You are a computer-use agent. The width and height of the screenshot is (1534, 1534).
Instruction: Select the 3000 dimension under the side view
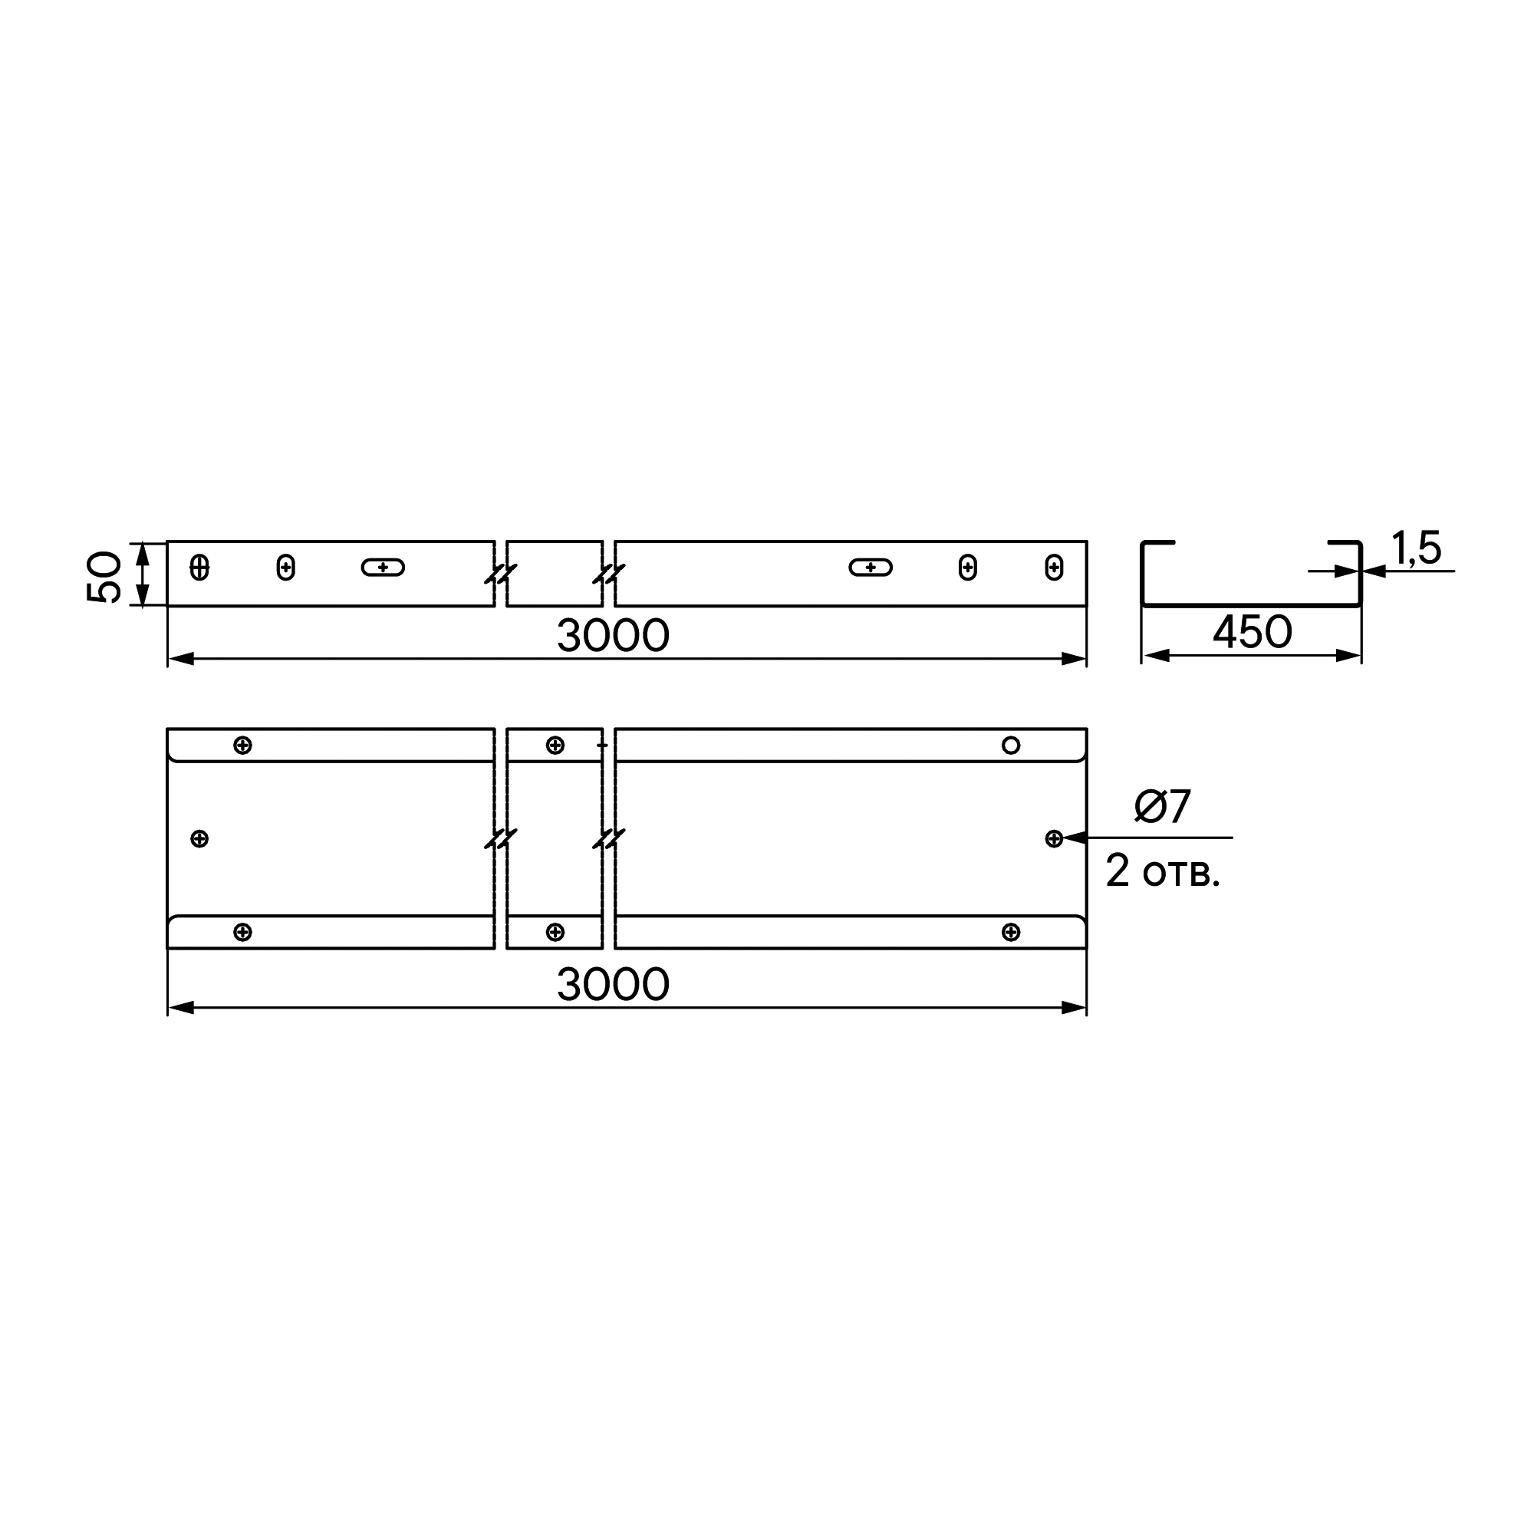tap(613, 635)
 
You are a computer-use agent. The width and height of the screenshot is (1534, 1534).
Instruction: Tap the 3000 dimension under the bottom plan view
tap(613, 985)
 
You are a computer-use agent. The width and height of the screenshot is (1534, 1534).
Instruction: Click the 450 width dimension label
tap(1253, 632)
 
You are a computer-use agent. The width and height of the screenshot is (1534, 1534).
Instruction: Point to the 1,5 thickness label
tap(1417, 548)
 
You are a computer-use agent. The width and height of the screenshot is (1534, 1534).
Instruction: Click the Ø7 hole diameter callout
tap(1163, 807)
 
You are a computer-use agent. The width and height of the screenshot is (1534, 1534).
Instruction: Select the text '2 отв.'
tap(1161, 872)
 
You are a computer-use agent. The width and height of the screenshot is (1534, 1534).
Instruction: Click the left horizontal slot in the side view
tap(383, 567)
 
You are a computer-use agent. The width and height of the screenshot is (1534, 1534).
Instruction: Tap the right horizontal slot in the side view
tap(871, 567)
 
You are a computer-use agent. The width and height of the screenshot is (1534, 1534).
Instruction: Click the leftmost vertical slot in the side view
tap(199, 567)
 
